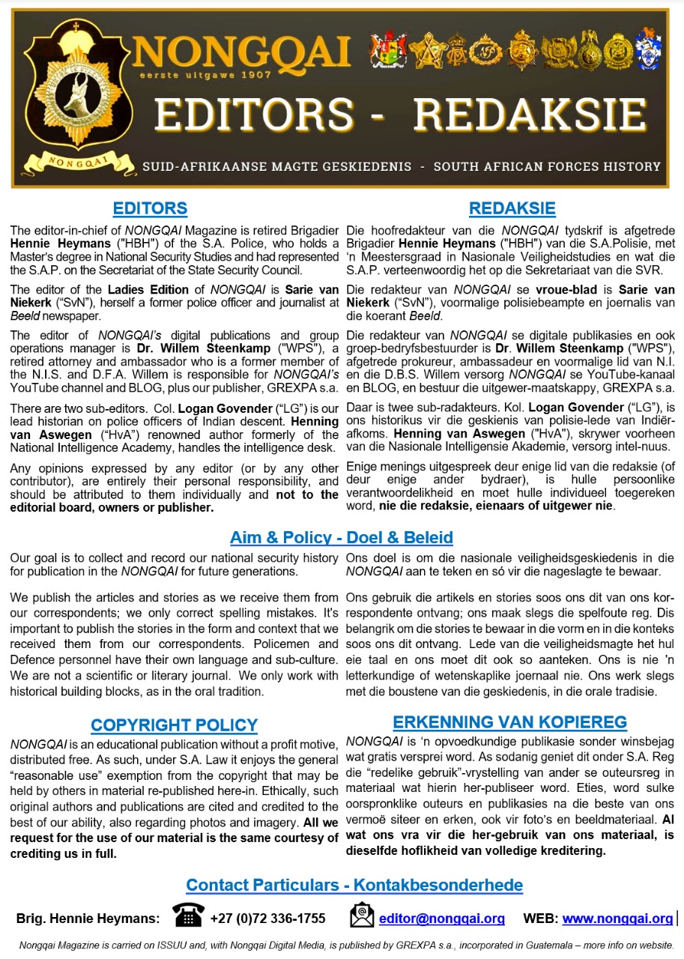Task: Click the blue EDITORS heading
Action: click(150, 208)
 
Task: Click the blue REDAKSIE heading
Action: click(512, 208)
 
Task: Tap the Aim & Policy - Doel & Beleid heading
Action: click(341, 537)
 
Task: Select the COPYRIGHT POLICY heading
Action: click(174, 725)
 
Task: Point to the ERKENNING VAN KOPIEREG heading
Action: click(509, 722)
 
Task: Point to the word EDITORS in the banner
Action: click(254, 115)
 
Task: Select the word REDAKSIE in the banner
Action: click(529, 115)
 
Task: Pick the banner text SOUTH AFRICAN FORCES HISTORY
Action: click(547, 166)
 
